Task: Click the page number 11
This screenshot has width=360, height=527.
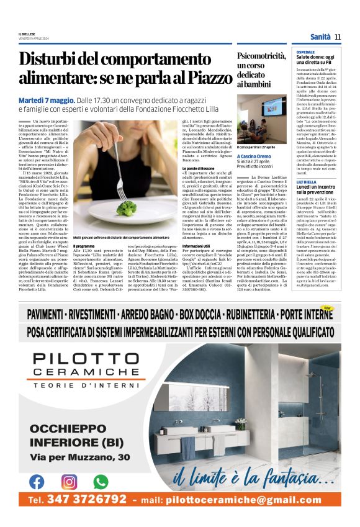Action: pyautogui.click(x=338, y=37)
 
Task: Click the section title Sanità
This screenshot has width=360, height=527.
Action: pyautogui.click(x=320, y=37)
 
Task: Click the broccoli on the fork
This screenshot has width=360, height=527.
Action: pyautogui.click(x=126, y=207)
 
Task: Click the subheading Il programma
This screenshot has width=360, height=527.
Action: pyautogui.click(x=85, y=246)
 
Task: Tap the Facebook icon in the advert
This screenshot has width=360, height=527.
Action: pyautogui.click(x=37, y=481)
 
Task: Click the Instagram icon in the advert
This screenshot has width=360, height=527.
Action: pyautogui.click(x=69, y=481)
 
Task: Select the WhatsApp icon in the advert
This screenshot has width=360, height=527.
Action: pyautogui.click(x=101, y=481)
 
